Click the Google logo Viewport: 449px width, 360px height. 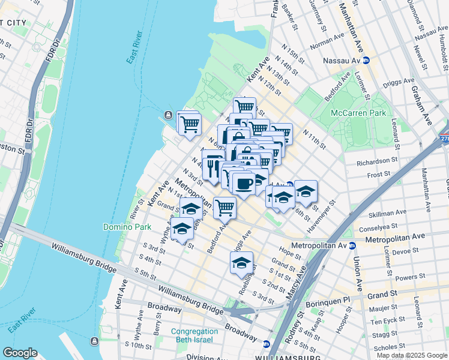point(20,353)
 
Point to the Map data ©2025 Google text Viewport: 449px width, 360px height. point(412,355)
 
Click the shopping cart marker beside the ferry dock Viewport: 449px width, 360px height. point(190,124)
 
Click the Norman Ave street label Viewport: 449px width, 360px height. point(327,42)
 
